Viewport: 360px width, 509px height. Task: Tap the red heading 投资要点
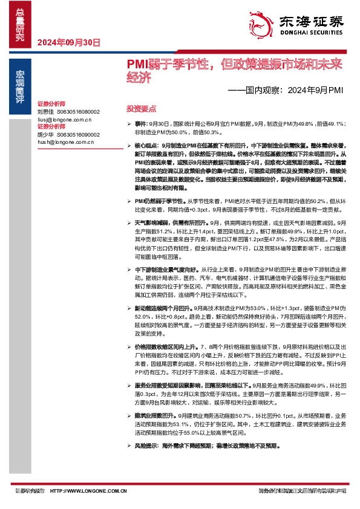tap(142, 109)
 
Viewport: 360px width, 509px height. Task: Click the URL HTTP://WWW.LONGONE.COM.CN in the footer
tap(88, 491)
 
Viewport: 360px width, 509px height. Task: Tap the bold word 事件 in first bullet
tap(140, 123)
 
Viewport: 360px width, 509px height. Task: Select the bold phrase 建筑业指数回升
tap(154, 416)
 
